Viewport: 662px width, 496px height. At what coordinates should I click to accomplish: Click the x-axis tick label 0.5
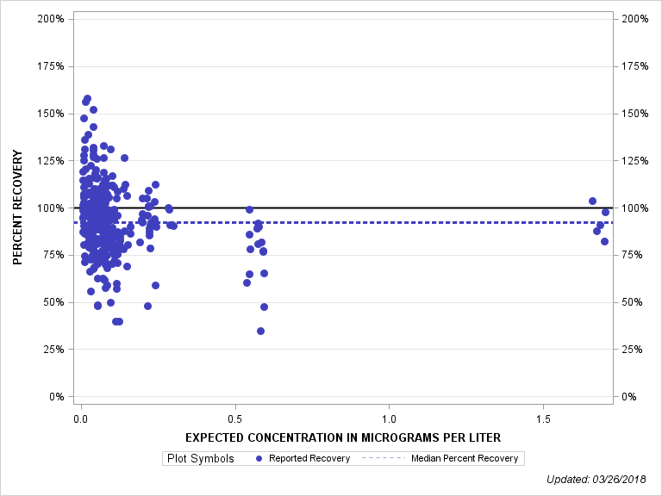point(235,418)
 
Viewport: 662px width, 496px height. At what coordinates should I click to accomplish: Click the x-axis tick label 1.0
point(389,418)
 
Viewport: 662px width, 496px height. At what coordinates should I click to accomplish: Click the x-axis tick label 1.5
point(543,418)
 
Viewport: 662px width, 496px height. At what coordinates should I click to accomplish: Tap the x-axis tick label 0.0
point(81,418)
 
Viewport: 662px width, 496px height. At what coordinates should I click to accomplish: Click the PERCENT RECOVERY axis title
point(18,208)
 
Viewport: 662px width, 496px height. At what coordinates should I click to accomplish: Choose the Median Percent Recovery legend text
point(465,458)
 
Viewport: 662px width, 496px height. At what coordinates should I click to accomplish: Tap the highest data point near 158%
point(87,99)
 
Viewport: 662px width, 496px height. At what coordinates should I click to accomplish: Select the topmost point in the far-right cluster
point(592,201)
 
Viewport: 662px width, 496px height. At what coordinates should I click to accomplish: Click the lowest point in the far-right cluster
point(604,241)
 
